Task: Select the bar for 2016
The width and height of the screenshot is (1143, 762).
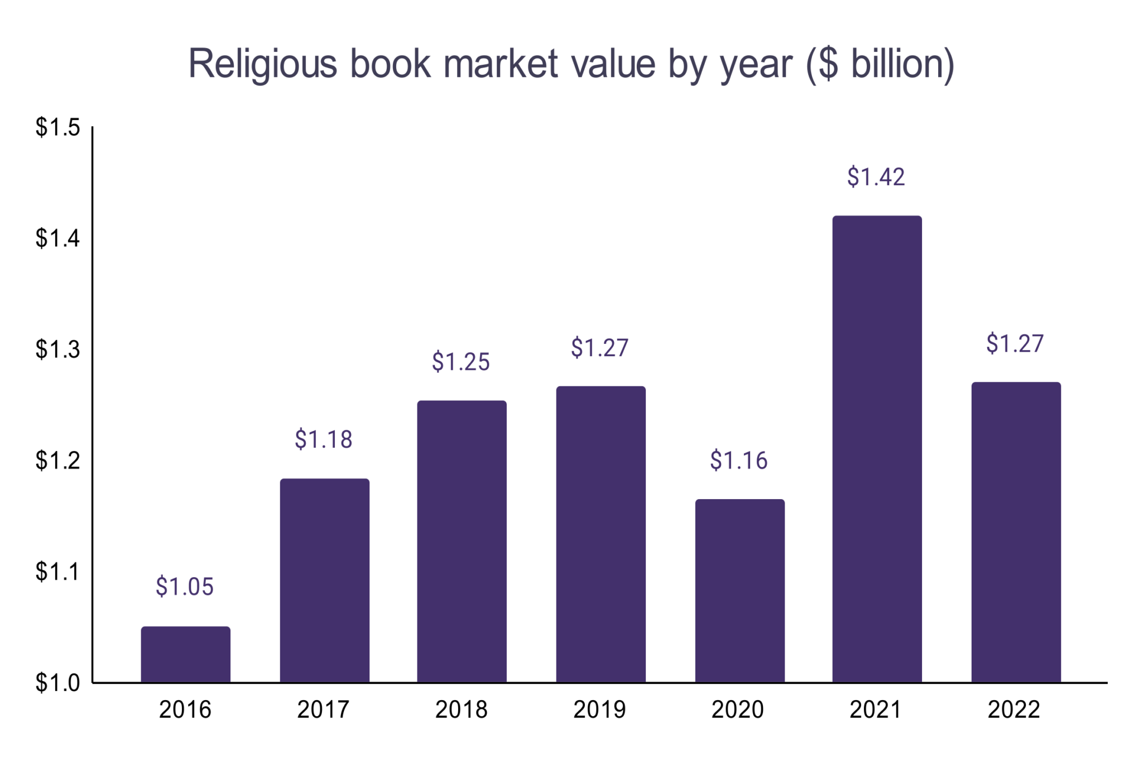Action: coord(185,654)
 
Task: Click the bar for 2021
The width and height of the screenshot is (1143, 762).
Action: coord(877,449)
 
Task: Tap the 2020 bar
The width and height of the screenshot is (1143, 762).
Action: coord(739,590)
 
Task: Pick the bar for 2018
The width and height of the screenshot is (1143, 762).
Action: coord(462,541)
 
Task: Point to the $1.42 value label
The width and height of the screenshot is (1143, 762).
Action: coord(876,177)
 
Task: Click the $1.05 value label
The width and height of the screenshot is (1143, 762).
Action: coord(185,587)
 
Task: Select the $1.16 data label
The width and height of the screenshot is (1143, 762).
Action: coord(738,461)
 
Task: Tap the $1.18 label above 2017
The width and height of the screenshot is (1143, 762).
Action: coord(324,439)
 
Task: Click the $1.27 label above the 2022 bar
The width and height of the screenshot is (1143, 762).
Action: coord(1015,343)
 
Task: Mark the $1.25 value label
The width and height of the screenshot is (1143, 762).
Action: coord(461,362)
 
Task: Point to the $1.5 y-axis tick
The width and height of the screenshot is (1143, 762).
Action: coord(58,127)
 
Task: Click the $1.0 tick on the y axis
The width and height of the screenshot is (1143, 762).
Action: coord(58,682)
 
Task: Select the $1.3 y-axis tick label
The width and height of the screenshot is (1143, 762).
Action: coord(58,349)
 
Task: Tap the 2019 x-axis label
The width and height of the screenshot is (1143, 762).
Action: coord(599,710)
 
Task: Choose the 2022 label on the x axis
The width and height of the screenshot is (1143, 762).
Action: coord(1014,710)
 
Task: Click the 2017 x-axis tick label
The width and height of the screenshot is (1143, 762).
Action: coord(323,710)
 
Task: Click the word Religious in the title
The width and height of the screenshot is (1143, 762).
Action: coord(263,65)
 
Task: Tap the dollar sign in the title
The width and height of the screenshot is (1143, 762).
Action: coord(828,64)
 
